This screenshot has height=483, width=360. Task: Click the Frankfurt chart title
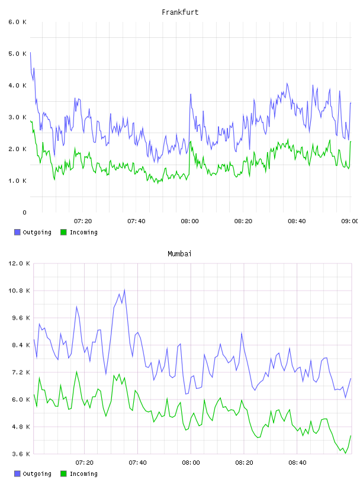pos(180,12)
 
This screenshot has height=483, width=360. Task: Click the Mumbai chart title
pos(179,254)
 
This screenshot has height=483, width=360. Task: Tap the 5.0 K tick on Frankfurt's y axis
pos(18,54)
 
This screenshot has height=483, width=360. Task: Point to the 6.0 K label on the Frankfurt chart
pos(18,22)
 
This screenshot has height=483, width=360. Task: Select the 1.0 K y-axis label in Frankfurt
pos(18,181)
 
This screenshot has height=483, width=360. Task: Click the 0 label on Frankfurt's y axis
pos(25,212)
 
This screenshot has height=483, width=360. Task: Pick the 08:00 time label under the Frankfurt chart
pos(190,221)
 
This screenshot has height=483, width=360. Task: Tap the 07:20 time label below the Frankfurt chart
pos(83,221)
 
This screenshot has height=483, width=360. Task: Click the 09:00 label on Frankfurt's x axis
pos(350,221)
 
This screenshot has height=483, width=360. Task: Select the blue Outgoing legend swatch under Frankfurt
pos(17,232)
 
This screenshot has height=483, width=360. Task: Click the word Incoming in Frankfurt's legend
pos(84,232)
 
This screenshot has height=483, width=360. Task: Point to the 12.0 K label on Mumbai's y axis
pos(19,263)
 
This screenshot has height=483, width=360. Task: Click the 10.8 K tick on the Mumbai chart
pos(19,291)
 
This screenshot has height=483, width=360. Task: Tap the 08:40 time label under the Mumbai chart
pos(297,463)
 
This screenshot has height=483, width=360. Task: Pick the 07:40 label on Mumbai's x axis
pos(138,463)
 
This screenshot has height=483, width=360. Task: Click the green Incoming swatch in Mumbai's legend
pos(63,474)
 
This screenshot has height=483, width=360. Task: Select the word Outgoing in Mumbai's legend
pos(37,474)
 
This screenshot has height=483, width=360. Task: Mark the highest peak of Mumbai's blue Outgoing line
pos(124,289)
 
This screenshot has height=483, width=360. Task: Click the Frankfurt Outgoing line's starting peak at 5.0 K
pos(31,53)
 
